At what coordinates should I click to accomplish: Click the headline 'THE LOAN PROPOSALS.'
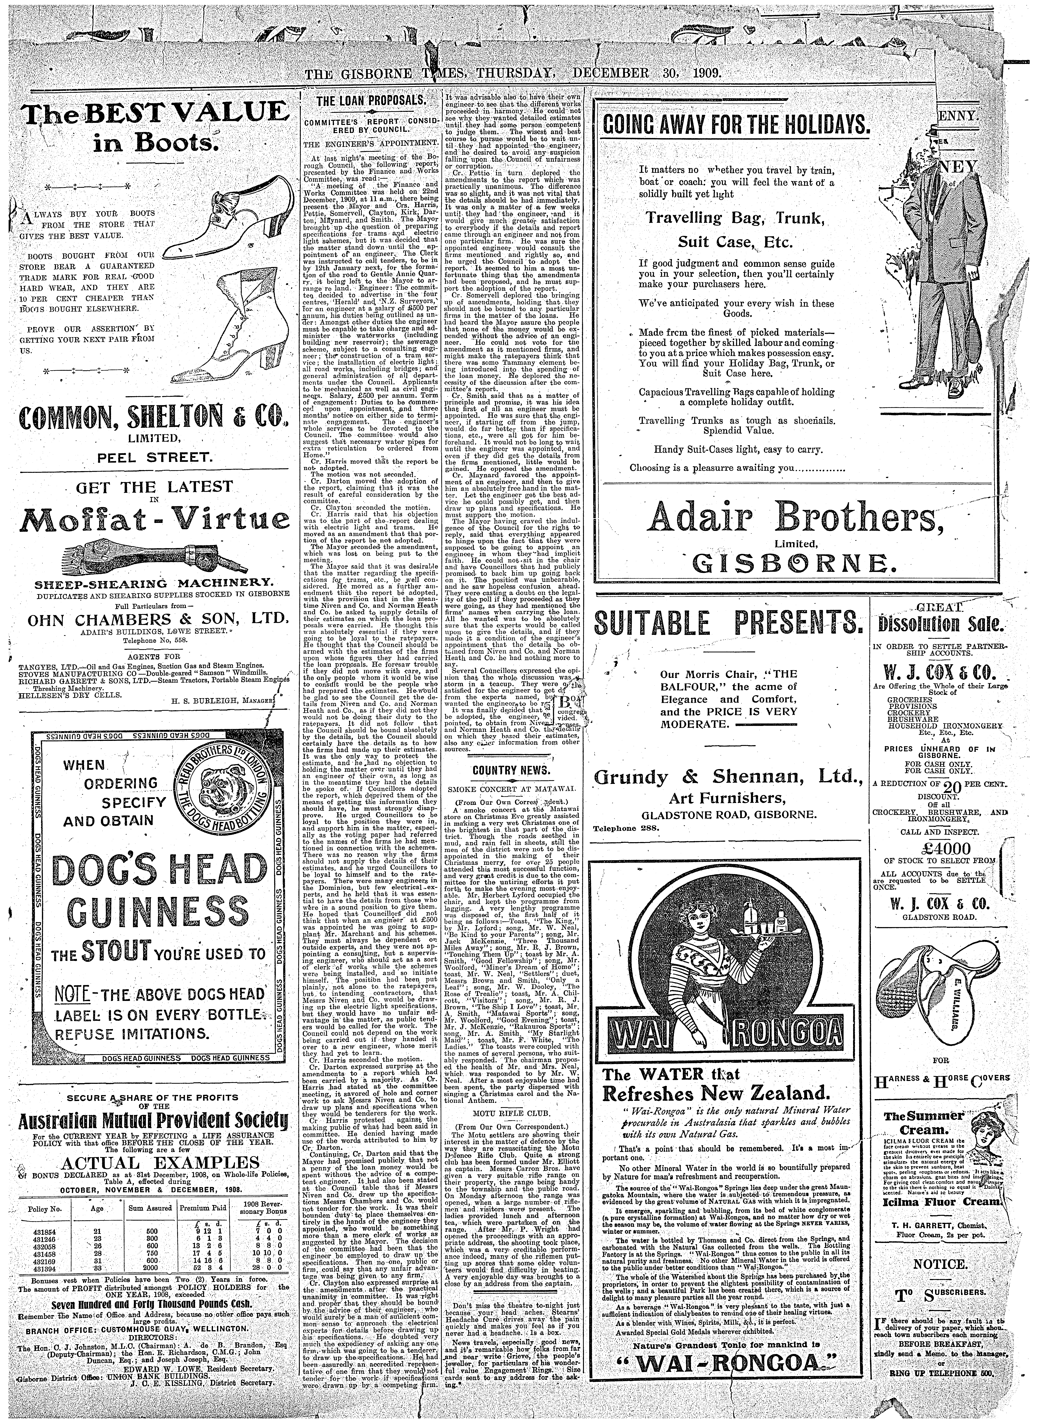point(363,101)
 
